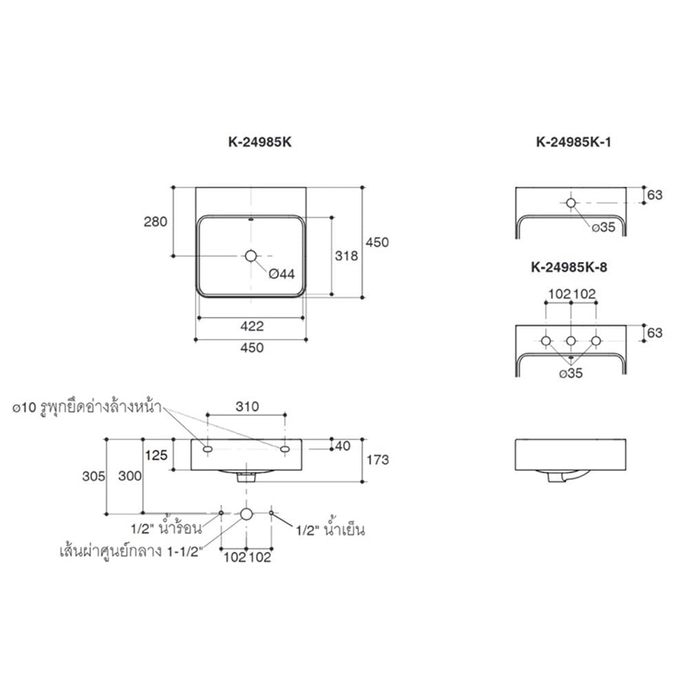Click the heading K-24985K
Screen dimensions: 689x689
(260, 142)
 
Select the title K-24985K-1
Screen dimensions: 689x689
(573, 142)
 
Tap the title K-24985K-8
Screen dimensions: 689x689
(569, 267)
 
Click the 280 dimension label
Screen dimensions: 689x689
(156, 221)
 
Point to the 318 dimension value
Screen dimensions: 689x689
(347, 256)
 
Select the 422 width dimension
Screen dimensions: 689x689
(251, 326)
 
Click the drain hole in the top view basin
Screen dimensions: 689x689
(251, 256)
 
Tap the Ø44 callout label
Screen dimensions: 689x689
(282, 274)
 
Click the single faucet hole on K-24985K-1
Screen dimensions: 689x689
(570, 203)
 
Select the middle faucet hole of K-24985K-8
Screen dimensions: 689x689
(570, 340)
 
